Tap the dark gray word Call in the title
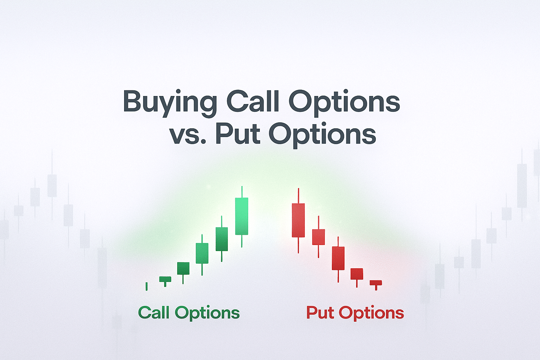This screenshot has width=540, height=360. (253, 101)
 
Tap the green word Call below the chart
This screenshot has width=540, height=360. (154, 313)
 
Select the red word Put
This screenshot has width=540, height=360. (320, 313)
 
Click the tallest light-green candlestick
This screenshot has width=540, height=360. (242, 216)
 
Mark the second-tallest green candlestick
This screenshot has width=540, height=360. (221, 239)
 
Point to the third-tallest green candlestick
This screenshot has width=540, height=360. (202, 253)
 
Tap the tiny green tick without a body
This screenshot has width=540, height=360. (147, 286)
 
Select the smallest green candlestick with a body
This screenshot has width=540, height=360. (165, 279)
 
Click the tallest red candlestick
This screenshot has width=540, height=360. (298, 220)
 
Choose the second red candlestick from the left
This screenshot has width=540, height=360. (319, 237)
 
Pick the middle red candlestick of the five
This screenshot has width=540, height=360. (338, 258)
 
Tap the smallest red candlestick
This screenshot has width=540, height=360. (376, 283)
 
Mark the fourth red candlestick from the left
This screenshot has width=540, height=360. (357, 274)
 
